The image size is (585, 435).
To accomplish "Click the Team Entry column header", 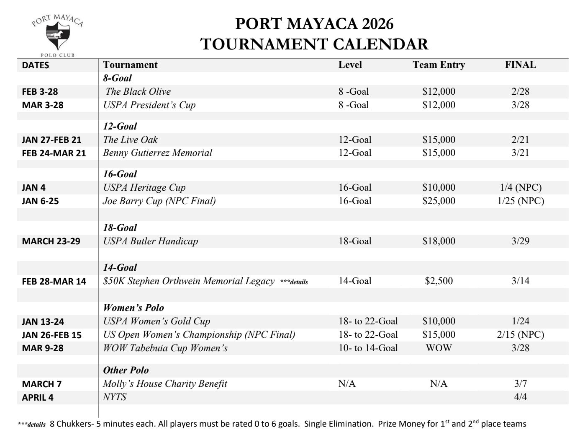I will [439, 65].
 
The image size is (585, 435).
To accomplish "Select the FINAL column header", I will [520, 65].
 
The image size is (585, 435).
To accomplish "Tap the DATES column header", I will [36, 65].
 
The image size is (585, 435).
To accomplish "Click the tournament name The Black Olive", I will [138, 92].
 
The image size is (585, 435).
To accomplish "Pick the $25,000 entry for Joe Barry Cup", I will [439, 201].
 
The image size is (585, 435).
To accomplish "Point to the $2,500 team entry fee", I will [439, 281].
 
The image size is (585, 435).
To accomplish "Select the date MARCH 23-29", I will [51, 241].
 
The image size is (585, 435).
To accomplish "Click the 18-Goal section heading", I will [120, 228].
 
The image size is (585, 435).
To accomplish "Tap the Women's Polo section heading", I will [133, 308].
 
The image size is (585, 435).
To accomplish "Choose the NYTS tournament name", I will [115, 397].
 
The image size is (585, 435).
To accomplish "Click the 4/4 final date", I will [520, 397].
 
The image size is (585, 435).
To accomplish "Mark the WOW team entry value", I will [439, 348].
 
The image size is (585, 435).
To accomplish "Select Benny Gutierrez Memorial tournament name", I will [157, 153].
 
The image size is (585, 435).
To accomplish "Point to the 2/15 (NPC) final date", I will [520, 335].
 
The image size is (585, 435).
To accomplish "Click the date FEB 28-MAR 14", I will [54, 282].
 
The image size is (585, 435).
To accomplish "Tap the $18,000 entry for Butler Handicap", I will [439, 241].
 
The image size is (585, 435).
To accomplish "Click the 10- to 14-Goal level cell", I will [368, 348].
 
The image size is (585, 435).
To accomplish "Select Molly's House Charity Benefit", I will [165, 384].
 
